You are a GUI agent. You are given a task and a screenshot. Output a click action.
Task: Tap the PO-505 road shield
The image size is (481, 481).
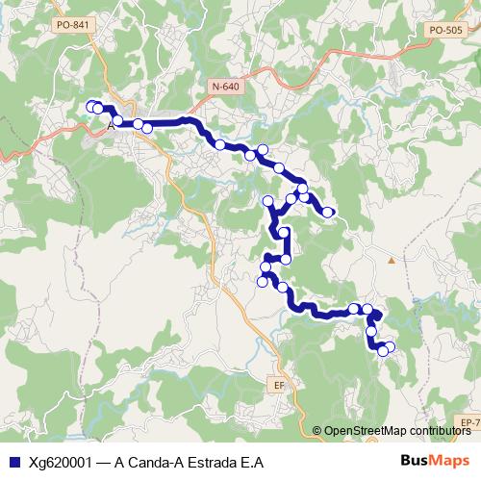(x=445, y=30)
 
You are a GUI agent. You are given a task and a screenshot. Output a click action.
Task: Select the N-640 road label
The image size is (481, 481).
(x=225, y=87)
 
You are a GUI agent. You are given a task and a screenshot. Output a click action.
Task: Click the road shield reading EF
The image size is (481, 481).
(x=280, y=384)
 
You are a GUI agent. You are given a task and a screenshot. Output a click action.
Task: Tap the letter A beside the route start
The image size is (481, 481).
(x=112, y=124)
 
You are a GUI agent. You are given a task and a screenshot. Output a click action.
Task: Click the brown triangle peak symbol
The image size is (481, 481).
(x=391, y=260)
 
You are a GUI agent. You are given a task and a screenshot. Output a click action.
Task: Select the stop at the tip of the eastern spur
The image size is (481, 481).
(x=331, y=212)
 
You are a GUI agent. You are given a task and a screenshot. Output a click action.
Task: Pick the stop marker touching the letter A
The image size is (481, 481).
(x=99, y=110)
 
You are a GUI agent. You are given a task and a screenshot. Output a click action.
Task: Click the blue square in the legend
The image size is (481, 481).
(x=13, y=462)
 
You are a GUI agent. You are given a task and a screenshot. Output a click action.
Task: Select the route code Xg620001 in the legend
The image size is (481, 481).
(x=62, y=462)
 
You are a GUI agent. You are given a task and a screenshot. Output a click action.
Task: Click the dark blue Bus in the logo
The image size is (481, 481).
(x=416, y=460)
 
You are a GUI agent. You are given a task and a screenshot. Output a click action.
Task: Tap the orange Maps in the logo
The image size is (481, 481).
(x=451, y=460)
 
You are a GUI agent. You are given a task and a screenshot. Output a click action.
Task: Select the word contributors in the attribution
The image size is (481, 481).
(x=440, y=431)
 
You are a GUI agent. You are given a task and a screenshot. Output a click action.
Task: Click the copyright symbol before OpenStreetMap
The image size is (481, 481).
(x=317, y=431)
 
